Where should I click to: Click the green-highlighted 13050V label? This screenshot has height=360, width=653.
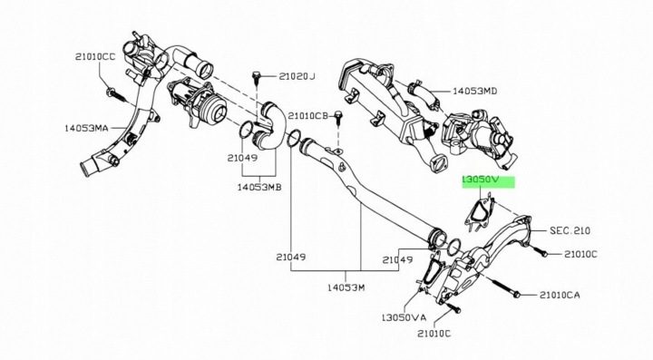486,180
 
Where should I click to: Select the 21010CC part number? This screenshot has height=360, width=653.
95,56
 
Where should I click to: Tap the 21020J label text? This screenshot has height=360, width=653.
297,76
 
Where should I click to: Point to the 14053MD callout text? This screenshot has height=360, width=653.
474,91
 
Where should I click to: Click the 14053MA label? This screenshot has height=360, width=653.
86,128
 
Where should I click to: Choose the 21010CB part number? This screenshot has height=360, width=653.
308,115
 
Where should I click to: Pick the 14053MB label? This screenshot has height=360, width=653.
259,188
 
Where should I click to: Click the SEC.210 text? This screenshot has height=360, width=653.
570,230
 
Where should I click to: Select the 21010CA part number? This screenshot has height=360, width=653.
560,295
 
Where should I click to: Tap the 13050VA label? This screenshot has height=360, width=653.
404,317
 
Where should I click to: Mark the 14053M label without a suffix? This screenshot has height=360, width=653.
346,287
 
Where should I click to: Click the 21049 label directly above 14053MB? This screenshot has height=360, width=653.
242,158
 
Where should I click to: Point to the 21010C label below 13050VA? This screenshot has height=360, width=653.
434,334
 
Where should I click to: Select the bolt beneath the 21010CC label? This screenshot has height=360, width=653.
117,96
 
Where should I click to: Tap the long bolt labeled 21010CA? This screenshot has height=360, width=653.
505,287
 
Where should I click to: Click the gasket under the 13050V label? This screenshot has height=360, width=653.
480,213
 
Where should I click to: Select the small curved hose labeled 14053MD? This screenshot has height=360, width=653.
423,95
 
